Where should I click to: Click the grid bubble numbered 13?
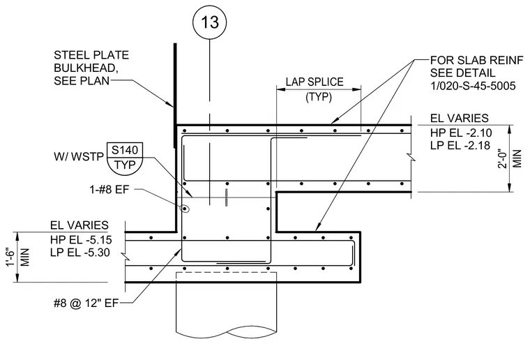click(x=210, y=22)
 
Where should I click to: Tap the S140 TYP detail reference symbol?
click(x=125, y=158)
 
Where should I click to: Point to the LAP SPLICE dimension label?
click(x=315, y=82)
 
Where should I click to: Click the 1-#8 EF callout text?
click(x=109, y=189)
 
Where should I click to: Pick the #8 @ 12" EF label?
click(x=86, y=303)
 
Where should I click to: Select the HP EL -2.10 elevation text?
click(x=461, y=132)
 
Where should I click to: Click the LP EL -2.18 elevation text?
click(x=460, y=145)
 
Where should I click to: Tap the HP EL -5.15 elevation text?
click(x=81, y=240)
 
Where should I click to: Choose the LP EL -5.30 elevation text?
click(x=80, y=252)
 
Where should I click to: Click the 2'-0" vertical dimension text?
click(x=503, y=158)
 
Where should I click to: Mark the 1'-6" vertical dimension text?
click(x=11, y=257)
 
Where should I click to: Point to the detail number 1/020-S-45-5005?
click(x=473, y=86)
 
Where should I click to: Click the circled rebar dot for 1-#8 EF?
click(x=185, y=209)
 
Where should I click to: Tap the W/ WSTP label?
click(x=79, y=157)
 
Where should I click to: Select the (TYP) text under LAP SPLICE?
click(x=319, y=97)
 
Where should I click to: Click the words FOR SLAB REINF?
click(x=476, y=60)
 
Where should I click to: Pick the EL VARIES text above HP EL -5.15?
click(x=79, y=225)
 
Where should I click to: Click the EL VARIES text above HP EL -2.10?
click(x=460, y=118)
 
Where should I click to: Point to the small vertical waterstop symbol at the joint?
click(x=227, y=197)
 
